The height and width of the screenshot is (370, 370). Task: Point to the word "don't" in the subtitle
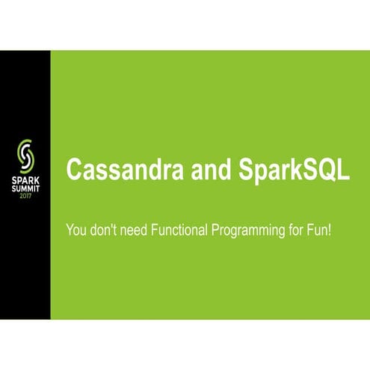coord(105,229)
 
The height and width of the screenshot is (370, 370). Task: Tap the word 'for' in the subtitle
coord(299,229)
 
